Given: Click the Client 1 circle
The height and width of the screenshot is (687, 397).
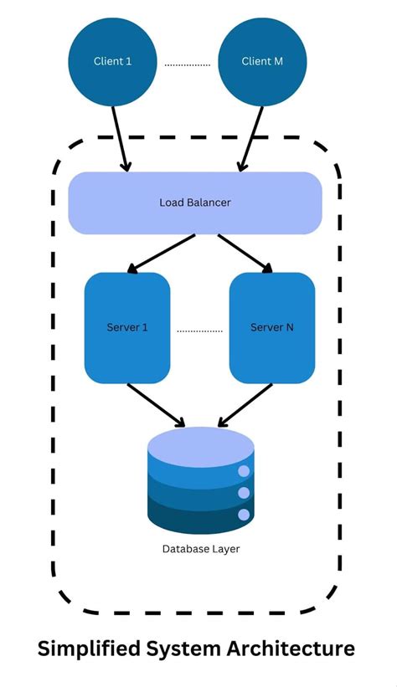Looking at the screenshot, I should [111, 61].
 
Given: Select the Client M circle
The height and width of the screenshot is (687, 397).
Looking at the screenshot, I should [261, 61].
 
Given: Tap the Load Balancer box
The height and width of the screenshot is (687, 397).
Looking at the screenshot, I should [194, 203].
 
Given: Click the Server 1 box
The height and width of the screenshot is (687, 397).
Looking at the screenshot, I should [127, 327].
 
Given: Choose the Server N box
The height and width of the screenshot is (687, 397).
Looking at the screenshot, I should [271, 327].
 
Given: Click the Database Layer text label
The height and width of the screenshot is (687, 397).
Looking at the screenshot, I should [199, 549].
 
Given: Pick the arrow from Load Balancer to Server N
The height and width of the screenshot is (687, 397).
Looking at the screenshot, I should [245, 254].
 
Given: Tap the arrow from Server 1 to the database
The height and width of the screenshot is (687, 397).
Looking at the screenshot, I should [156, 404].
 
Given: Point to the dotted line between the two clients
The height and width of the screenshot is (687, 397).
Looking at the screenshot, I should [186, 63].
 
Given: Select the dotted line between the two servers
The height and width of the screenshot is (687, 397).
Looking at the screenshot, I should [199, 331].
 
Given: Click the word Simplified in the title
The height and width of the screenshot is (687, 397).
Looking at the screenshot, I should [90, 649].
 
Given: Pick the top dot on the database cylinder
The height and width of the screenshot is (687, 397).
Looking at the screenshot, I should [244, 472].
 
